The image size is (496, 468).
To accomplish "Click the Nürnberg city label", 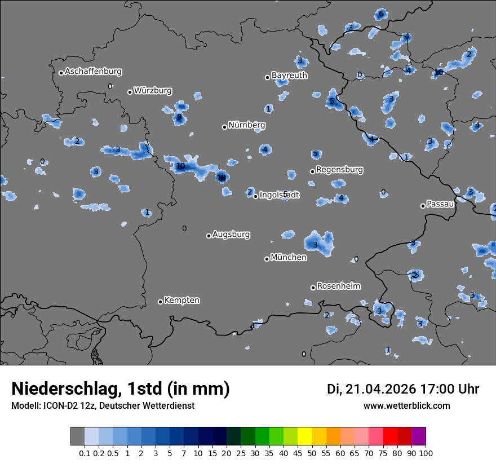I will coord(246,125).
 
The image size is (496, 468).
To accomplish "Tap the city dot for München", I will coord(267,259).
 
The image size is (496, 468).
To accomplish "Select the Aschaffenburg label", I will coord(93,72).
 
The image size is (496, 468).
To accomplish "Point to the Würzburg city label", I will coord(153,91).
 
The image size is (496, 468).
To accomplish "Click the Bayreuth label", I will coord(289,76).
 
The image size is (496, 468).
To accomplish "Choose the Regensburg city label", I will coord(339,170).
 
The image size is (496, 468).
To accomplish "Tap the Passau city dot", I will coord(423,206).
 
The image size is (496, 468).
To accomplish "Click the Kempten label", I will coord(181,301).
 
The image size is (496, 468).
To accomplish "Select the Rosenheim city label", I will coord(338,286).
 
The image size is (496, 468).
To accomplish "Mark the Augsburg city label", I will coord(231,235).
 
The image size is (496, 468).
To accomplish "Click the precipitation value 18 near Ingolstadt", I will coord(222,178).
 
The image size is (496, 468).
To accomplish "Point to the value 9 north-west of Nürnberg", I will coord(179,117).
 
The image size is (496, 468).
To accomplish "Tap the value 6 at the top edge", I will coord(381,14).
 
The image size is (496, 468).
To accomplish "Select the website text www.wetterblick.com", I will coord(406,406).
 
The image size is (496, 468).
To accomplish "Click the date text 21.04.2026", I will coord(380,389).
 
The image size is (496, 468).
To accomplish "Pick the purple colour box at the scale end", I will coord(418,436).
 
